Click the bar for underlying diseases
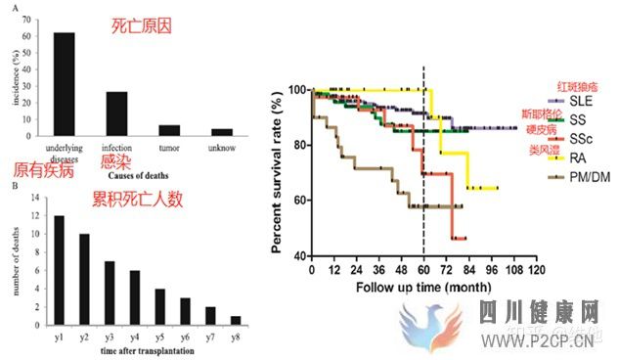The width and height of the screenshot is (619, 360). click(64, 87)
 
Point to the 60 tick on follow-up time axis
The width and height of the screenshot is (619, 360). click(422, 270)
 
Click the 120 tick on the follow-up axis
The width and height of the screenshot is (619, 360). click(535, 270)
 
